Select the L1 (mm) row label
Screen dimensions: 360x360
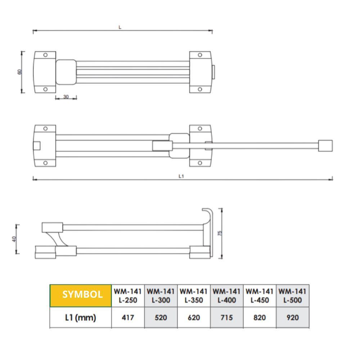(80, 318)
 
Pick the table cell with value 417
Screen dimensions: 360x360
(127, 318)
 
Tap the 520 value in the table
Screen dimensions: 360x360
(161, 318)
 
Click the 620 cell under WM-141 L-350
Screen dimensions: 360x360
(194, 318)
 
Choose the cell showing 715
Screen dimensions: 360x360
(227, 318)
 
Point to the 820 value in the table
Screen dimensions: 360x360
(260, 318)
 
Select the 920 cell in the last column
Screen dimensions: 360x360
(292, 318)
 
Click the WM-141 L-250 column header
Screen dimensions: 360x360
(127, 295)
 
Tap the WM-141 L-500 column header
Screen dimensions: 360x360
(292, 295)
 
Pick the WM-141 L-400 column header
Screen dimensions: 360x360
(227, 295)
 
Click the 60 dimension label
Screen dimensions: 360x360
(20, 72)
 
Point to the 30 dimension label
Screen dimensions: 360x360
(66, 96)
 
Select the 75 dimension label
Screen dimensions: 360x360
(220, 233)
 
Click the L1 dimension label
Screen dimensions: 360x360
(181, 176)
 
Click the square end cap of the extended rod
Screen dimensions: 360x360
(325, 146)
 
